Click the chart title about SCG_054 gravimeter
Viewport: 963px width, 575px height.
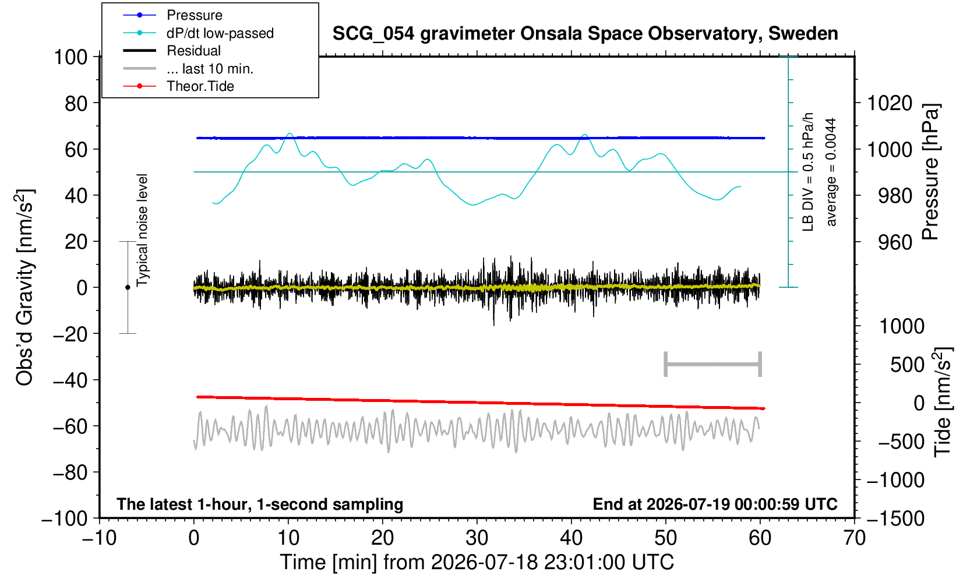585,34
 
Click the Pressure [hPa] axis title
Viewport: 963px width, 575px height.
931,172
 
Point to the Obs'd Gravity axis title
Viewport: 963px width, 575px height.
25,287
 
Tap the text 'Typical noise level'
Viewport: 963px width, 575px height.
142,230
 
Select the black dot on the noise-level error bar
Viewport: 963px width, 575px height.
128,287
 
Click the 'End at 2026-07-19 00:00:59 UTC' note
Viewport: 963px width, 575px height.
715,504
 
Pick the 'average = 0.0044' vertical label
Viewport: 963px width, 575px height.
831,172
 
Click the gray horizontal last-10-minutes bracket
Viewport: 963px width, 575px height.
713,364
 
